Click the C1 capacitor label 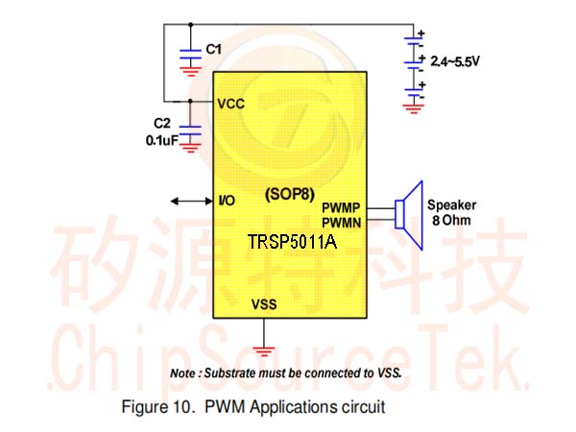point(213,49)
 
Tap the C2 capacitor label point(162,123)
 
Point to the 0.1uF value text point(162,140)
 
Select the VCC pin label point(231,104)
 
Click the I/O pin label point(227,201)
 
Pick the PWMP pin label point(341,208)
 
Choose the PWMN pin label point(341,223)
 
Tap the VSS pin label point(264,304)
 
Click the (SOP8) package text point(290,194)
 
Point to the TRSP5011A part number point(292,242)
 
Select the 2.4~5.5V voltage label point(455,61)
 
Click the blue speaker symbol point(409,215)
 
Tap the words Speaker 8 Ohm point(451,212)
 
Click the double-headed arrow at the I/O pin point(192,201)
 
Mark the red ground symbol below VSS point(263,350)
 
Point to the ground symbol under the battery point(413,108)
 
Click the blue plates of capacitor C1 point(190,54)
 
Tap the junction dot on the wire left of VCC point(190,101)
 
